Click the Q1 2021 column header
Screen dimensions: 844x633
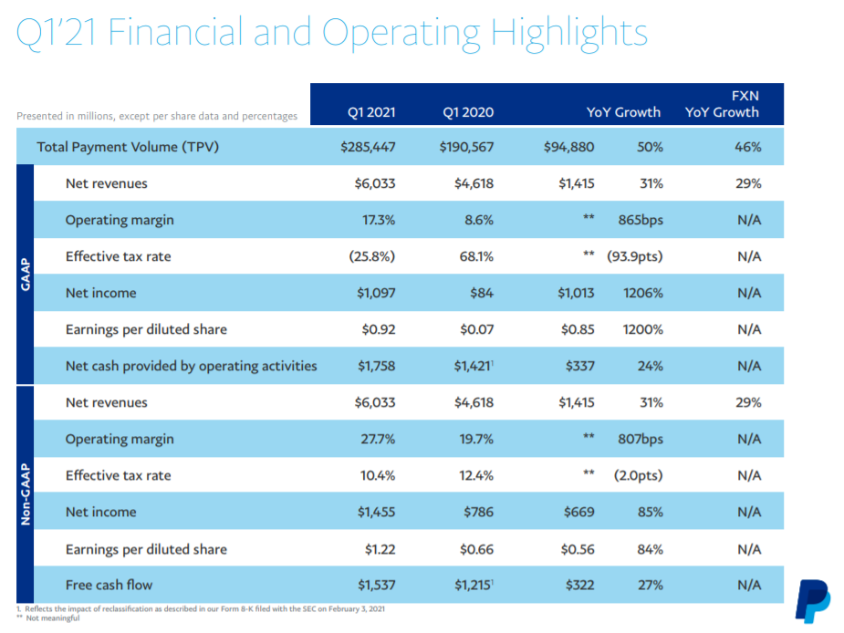371,112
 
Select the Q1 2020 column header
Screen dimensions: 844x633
468,112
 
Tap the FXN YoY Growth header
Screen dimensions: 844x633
723,104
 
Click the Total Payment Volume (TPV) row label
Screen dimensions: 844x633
128,147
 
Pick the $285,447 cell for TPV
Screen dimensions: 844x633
369,147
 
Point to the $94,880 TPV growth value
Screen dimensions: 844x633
569,147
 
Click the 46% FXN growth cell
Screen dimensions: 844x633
748,147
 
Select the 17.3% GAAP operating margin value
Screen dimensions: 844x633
379,220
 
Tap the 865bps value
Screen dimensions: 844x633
641,220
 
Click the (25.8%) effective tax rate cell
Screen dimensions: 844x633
372,256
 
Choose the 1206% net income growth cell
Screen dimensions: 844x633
643,294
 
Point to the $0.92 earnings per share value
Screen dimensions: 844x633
379,329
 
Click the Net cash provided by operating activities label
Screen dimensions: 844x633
191,366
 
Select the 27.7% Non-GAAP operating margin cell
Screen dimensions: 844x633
378,440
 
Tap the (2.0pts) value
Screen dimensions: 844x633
639,476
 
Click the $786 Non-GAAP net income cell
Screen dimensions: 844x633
478,512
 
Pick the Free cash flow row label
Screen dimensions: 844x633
109,585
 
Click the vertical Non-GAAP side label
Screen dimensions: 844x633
26,494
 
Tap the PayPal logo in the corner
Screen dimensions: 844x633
813,601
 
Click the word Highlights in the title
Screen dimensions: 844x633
569,34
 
